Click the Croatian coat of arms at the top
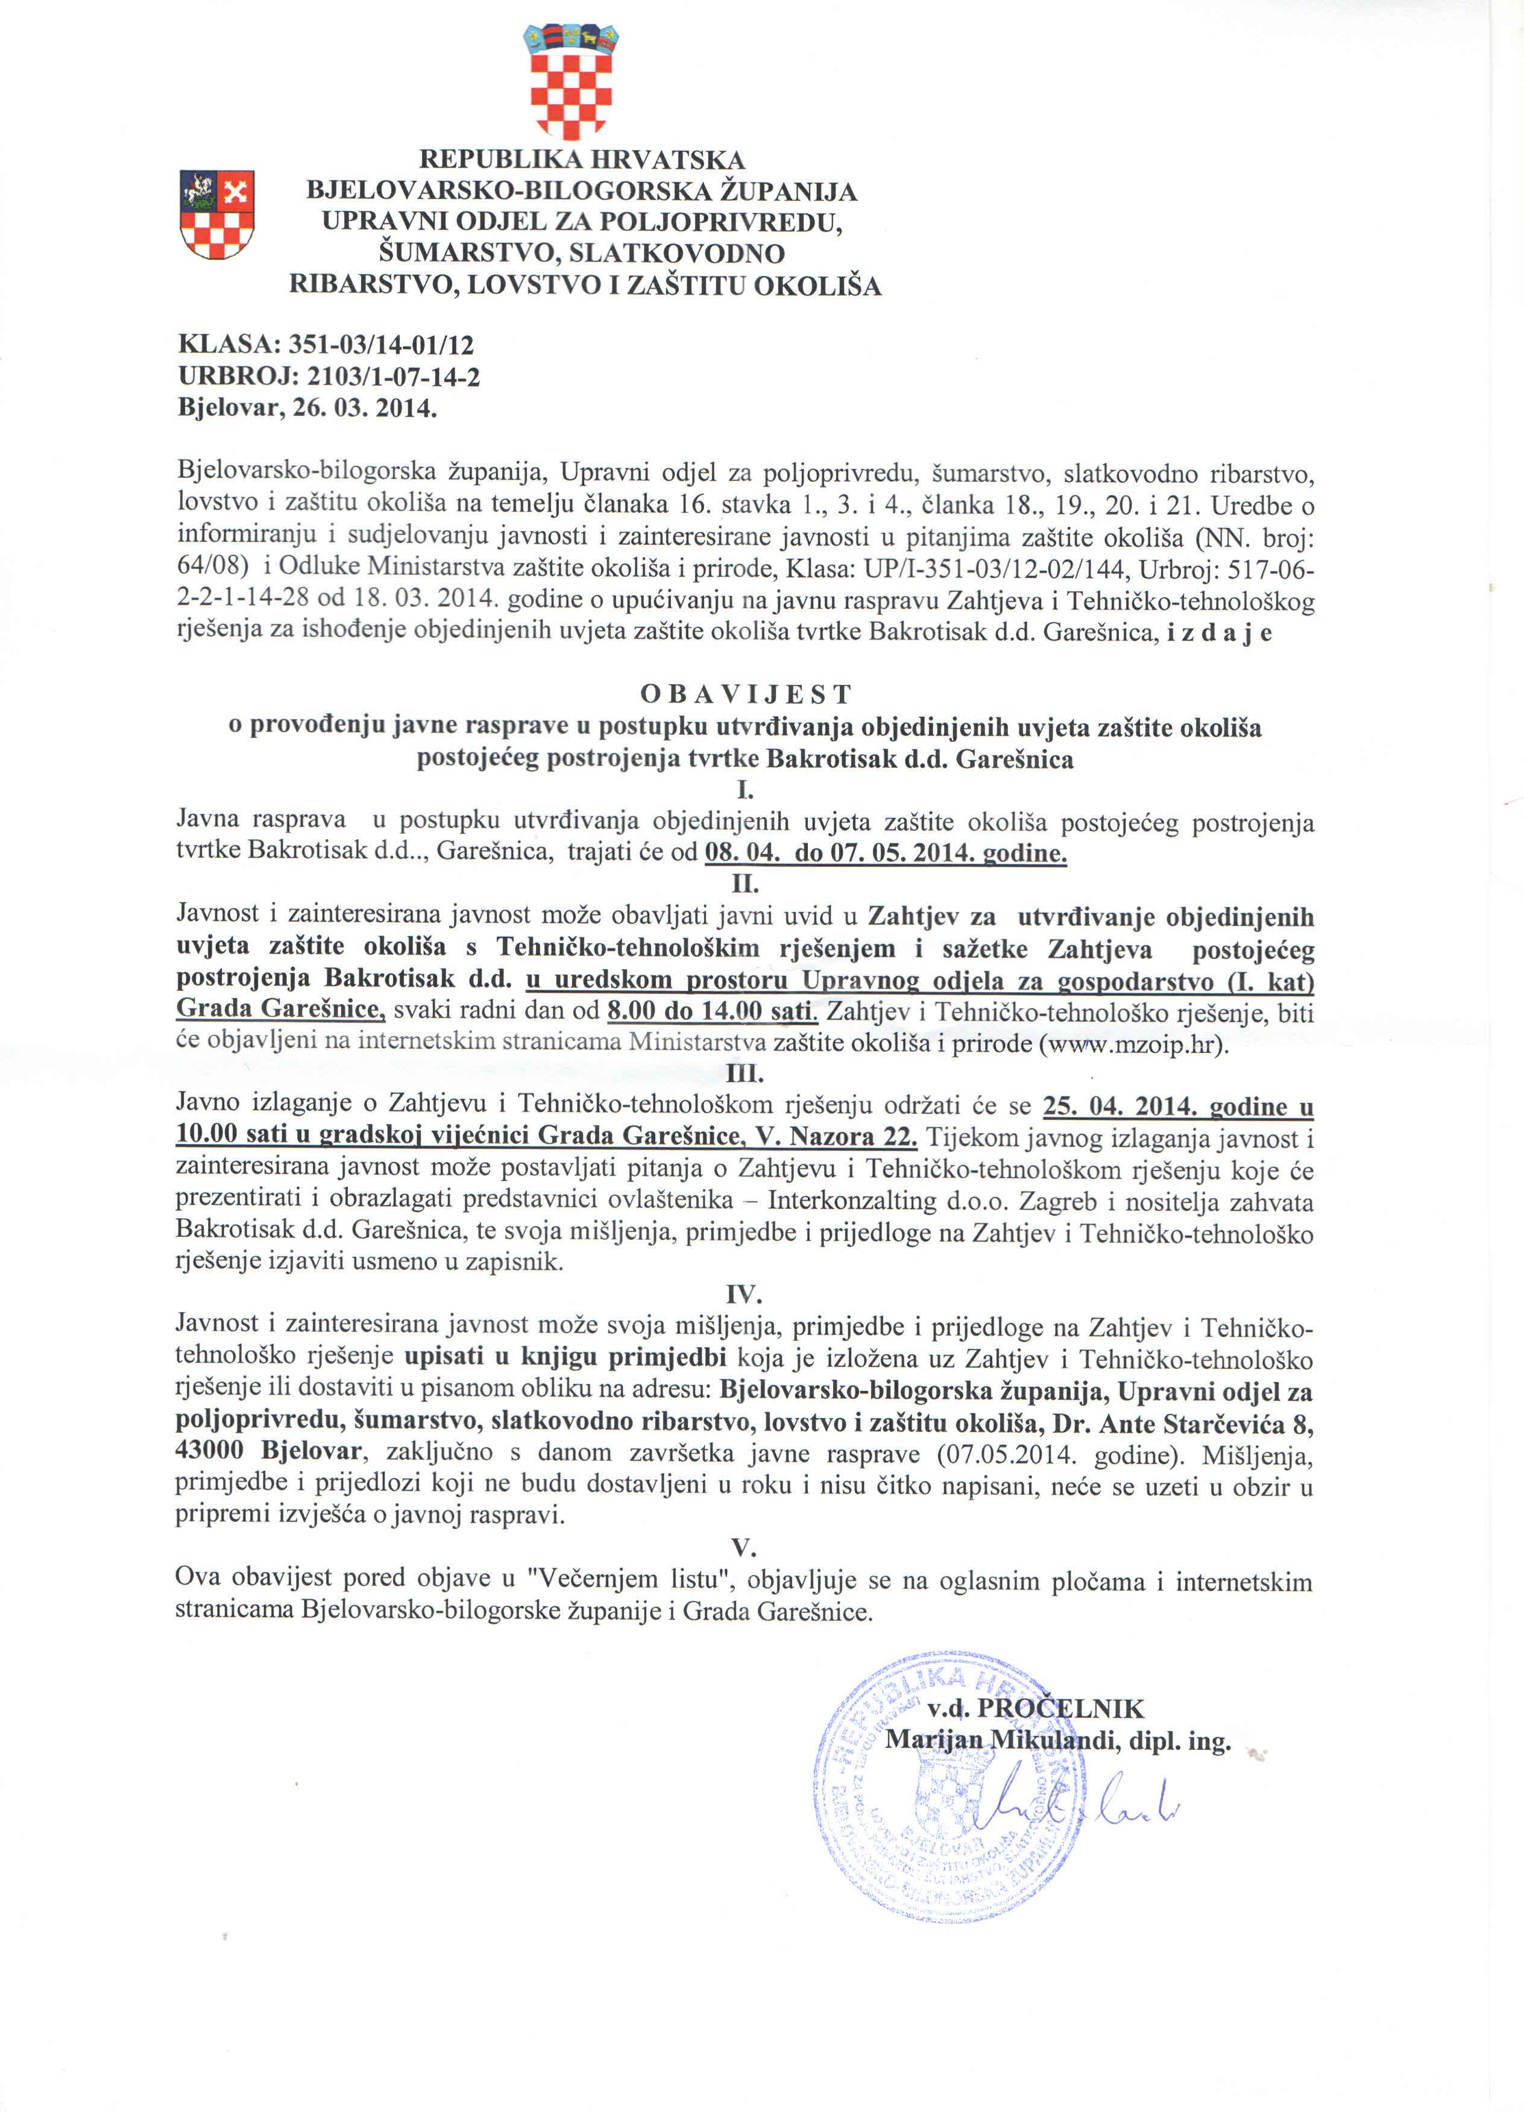pos(571,82)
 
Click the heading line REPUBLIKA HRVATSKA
pos(582,160)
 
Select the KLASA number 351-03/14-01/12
pos(381,345)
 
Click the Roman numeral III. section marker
pos(745,1073)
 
